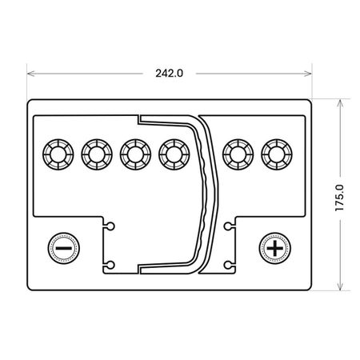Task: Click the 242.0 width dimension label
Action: point(170,73)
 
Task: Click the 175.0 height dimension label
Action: point(340,198)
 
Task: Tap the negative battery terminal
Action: point(63,248)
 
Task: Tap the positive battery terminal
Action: point(275,248)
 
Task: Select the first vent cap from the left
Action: point(58,154)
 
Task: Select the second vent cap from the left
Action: point(97,154)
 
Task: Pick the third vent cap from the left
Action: point(135,154)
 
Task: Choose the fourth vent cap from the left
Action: point(174,154)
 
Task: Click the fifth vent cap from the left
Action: point(238,154)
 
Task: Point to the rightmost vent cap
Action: point(277,154)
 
